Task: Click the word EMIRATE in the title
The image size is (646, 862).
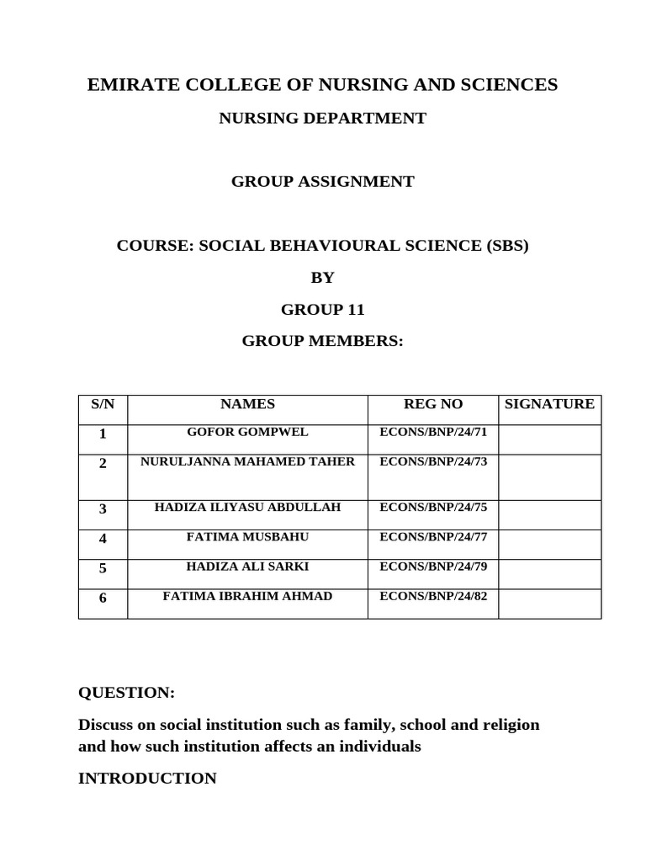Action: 134,85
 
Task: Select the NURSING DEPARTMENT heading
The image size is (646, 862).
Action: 322,119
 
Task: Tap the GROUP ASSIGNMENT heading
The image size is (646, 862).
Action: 322,182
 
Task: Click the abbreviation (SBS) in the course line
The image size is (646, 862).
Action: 506,246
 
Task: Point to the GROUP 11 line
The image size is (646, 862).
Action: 322,310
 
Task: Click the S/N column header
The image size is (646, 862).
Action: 103,405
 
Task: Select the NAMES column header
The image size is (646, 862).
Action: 247,405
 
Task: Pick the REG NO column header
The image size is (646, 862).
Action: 433,405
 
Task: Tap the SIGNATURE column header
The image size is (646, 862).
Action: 549,405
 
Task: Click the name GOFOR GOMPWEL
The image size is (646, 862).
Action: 247,433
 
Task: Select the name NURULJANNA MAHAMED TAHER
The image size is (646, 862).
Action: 247,462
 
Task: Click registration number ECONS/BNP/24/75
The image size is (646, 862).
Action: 433,508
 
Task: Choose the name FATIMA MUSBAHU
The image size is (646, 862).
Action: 247,537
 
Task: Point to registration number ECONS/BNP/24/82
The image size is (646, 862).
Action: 433,597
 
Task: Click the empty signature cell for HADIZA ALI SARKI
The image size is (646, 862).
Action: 549,574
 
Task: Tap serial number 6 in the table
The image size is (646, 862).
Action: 103,599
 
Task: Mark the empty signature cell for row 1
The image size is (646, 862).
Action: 549,439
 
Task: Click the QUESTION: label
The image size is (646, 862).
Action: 126,693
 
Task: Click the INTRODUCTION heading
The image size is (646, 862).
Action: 147,779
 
